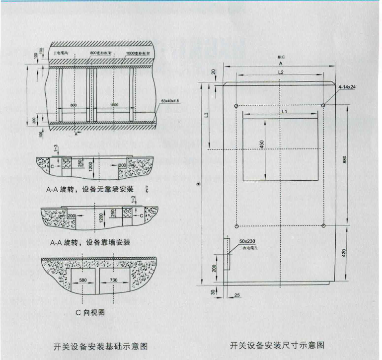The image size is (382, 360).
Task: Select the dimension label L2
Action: pos(281,72)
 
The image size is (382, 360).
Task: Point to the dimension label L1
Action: pos(284,112)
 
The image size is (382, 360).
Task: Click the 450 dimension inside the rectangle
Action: pos(262,145)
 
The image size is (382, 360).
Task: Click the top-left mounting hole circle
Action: pos(236,105)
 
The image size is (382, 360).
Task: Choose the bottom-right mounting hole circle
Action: pos(323,226)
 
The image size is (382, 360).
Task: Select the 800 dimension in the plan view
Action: pos(74,106)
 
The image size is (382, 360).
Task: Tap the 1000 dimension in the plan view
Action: pos(114,106)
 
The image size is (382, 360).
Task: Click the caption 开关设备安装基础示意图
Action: pos(100,346)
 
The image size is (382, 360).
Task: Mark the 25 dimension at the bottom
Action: pos(236,296)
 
